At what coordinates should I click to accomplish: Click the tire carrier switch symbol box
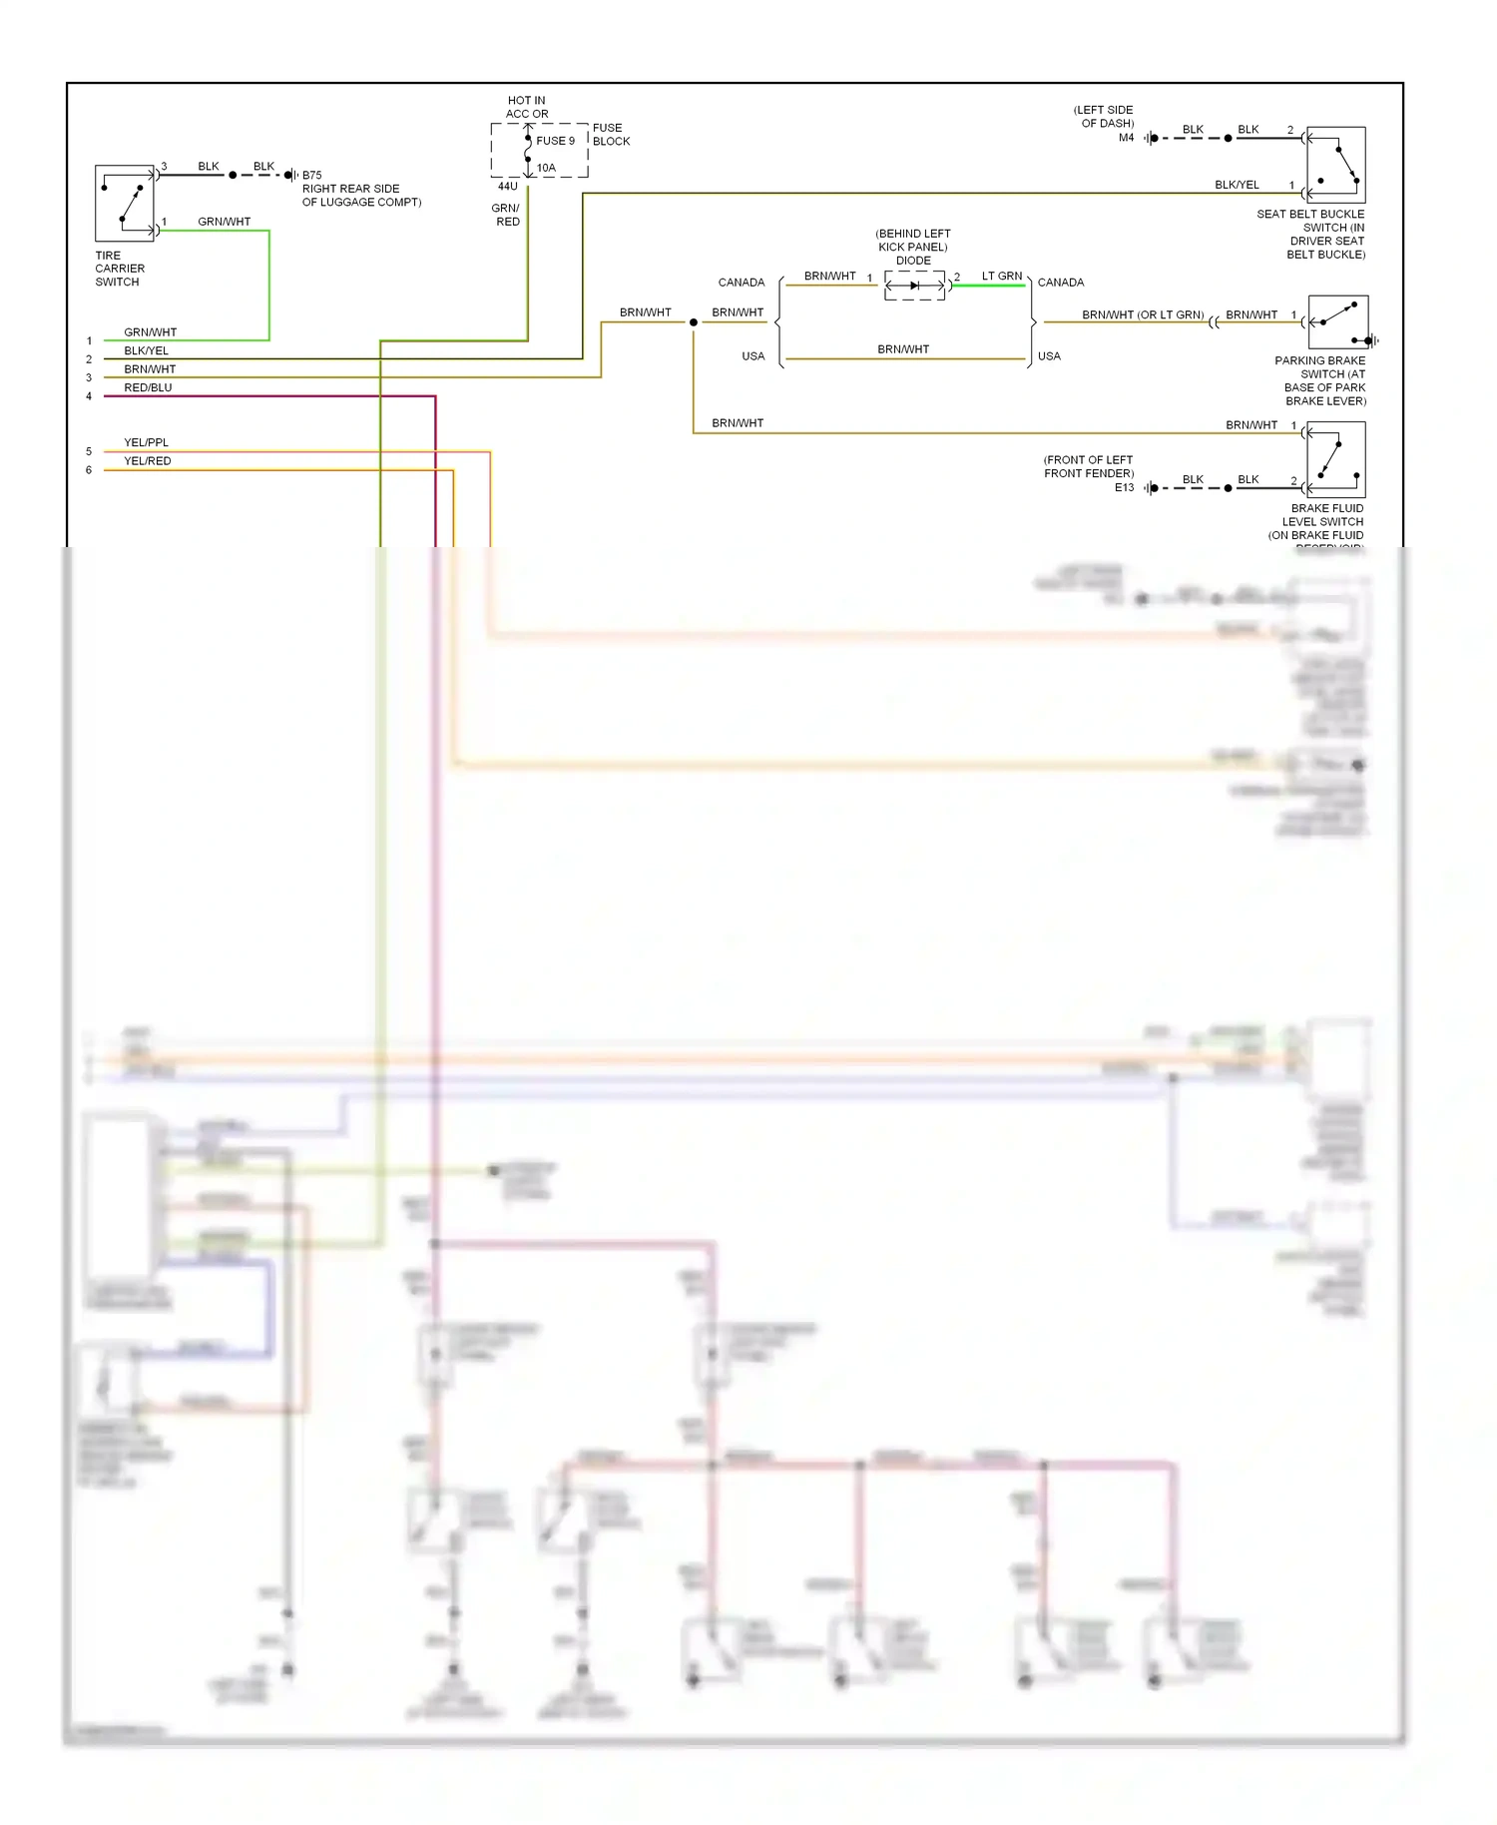click(125, 204)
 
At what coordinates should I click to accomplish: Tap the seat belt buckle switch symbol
click(1335, 166)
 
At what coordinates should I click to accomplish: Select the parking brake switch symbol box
click(1337, 322)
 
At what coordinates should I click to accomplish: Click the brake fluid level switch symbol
click(1335, 460)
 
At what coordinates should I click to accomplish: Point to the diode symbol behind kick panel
click(914, 286)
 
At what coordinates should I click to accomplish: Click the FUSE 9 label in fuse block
click(555, 141)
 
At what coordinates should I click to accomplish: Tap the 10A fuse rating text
click(546, 168)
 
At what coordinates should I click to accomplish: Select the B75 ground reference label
click(312, 175)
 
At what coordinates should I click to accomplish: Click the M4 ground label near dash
click(1126, 138)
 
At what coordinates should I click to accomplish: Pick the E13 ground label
click(1124, 487)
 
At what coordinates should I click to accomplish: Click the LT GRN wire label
click(1001, 276)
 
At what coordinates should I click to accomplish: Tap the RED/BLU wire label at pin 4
click(148, 387)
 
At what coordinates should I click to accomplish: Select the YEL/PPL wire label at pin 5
click(146, 442)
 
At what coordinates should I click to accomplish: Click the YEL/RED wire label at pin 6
click(147, 461)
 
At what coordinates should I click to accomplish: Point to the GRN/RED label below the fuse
click(507, 215)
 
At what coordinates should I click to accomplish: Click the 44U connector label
click(508, 187)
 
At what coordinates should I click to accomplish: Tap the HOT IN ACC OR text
click(527, 107)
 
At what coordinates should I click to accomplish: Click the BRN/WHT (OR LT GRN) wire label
click(1143, 314)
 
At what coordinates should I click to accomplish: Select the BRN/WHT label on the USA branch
click(903, 349)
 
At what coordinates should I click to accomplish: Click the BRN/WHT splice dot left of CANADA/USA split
click(694, 322)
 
